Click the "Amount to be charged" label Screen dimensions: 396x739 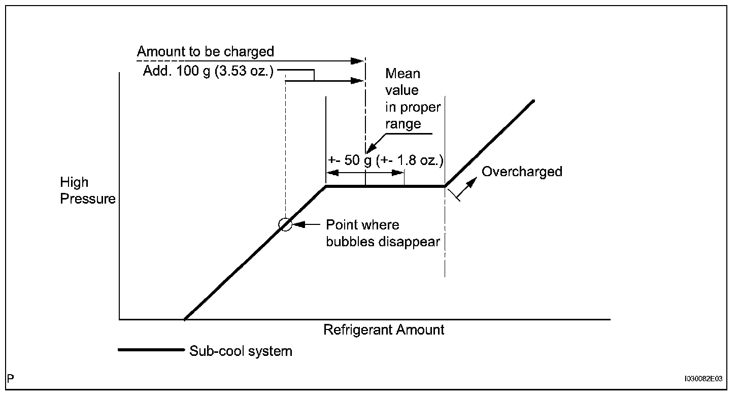[x=205, y=52]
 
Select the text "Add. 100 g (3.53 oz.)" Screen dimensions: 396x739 [x=208, y=71]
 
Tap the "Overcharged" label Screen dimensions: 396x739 [x=522, y=172]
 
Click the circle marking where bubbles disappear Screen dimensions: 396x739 [x=286, y=224]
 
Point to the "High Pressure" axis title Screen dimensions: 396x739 [x=88, y=190]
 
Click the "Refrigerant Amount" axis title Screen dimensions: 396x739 [x=384, y=330]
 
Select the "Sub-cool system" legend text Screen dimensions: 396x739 [x=241, y=351]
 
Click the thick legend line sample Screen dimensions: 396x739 [x=150, y=349]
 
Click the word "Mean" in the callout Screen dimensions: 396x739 [x=402, y=74]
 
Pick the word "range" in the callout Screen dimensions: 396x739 [x=403, y=124]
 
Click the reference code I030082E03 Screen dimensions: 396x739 [x=703, y=379]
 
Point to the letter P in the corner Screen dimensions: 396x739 [x=11, y=378]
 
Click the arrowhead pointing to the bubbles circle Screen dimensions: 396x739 [x=298, y=224]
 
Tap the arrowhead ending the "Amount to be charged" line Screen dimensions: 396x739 [x=359, y=61]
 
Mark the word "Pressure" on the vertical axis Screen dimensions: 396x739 [x=88, y=199]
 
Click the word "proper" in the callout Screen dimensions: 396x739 [x=420, y=108]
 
